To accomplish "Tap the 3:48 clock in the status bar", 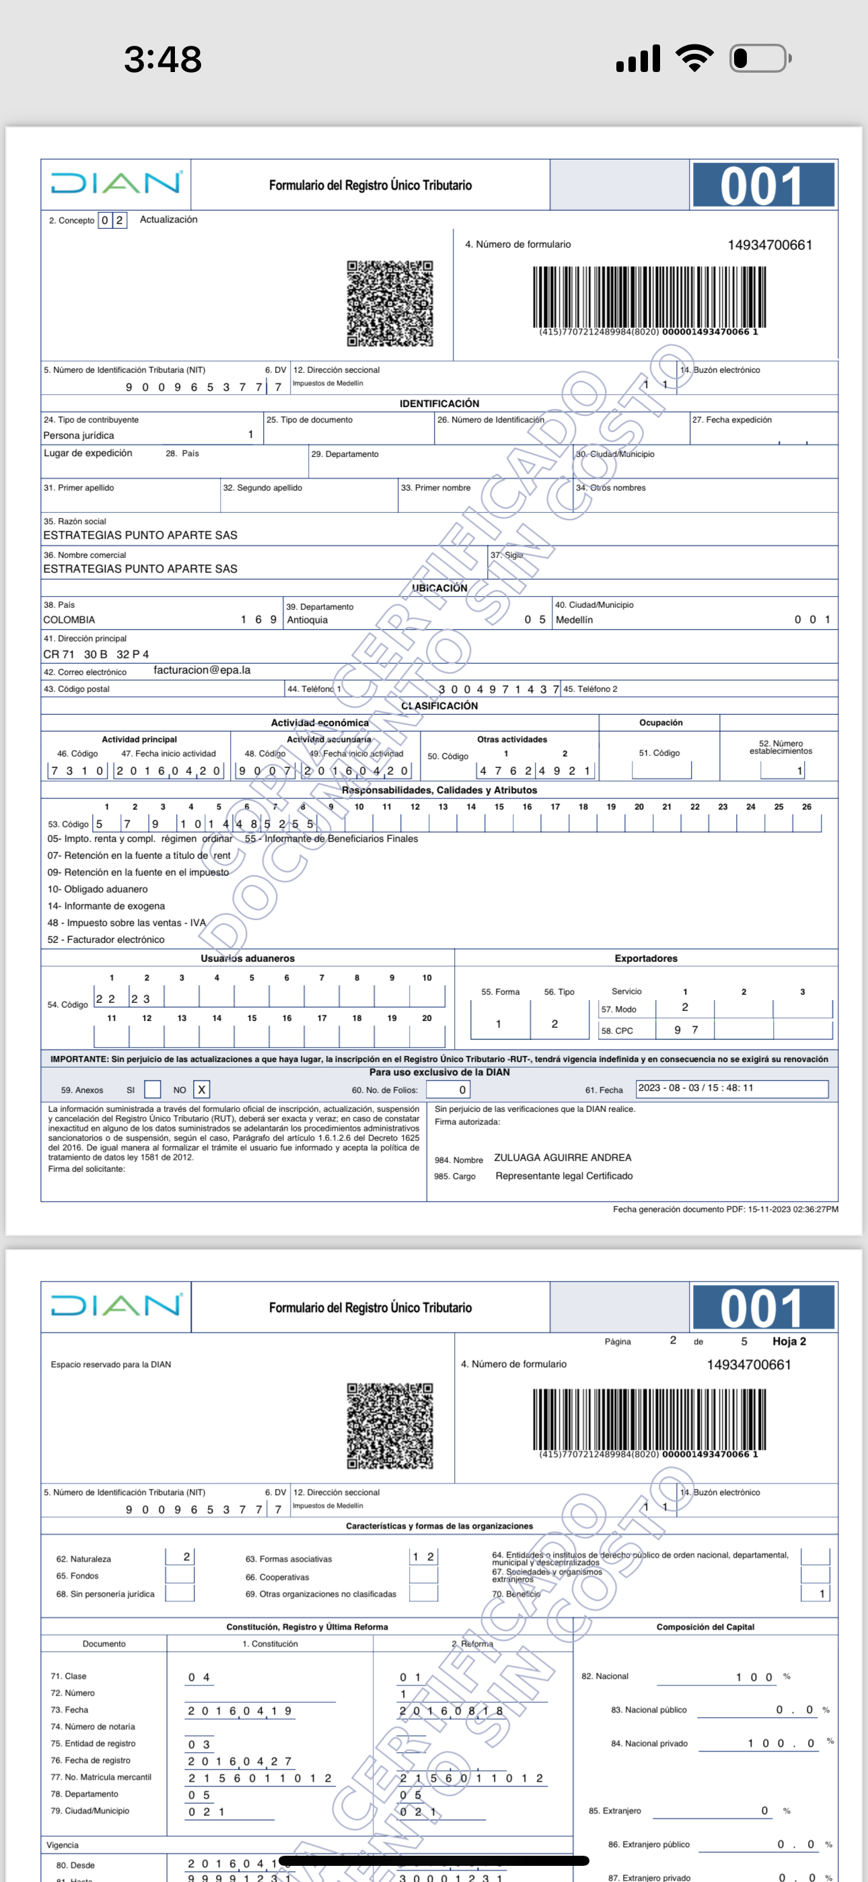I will tap(162, 59).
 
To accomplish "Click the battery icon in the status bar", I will tap(760, 59).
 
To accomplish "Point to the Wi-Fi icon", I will tap(694, 58).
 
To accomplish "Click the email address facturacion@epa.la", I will tap(202, 670).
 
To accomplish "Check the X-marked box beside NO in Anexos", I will tap(202, 1089).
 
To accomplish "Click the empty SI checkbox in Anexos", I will tap(153, 1089).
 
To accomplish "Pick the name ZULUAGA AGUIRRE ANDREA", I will tap(563, 1157).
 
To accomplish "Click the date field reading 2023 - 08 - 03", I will tap(731, 1088).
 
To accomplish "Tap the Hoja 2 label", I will tap(789, 1341).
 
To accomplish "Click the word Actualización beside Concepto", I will tap(168, 219).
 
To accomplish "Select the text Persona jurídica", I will tap(79, 435).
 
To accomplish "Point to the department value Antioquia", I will tap(308, 619).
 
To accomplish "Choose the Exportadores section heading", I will tap(646, 959).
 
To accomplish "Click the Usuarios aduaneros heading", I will tap(248, 959).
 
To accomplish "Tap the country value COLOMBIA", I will tap(69, 619).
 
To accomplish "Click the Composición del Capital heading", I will tap(705, 1627).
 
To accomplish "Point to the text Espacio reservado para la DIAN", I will tap(111, 1364).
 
